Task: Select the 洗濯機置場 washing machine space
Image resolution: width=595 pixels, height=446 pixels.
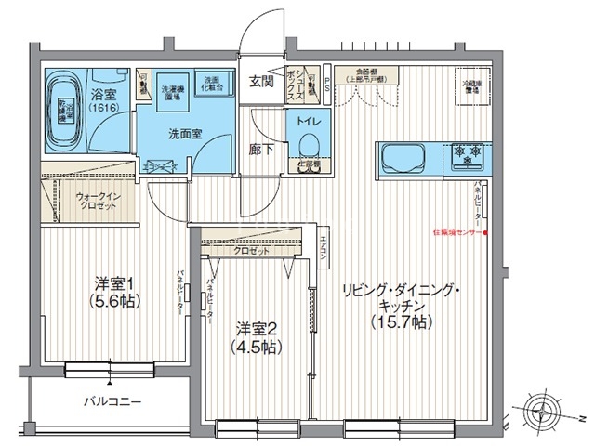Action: (x=173, y=88)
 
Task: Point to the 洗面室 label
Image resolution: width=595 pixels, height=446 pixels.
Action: (x=186, y=133)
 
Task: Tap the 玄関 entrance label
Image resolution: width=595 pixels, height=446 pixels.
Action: (x=260, y=82)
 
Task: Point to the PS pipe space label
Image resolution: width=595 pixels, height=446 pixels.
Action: (x=326, y=82)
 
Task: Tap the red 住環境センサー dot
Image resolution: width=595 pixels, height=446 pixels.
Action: (x=483, y=232)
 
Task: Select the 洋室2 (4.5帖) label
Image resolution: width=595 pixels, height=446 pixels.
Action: (x=257, y=337)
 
